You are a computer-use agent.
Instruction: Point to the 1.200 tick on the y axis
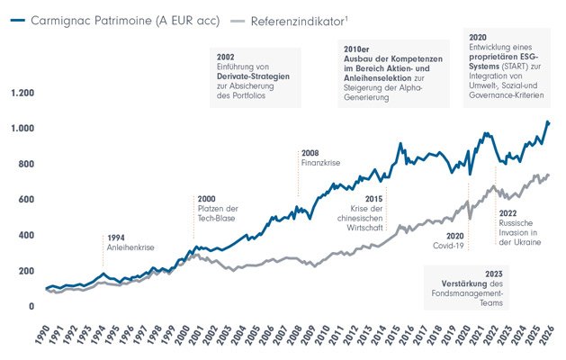coord(22,94)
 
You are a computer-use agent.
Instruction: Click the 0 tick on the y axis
coord(33,307)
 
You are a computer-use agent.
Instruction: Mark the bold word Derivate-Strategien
coord(253,77)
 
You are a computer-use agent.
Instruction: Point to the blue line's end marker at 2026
coord(548,122)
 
